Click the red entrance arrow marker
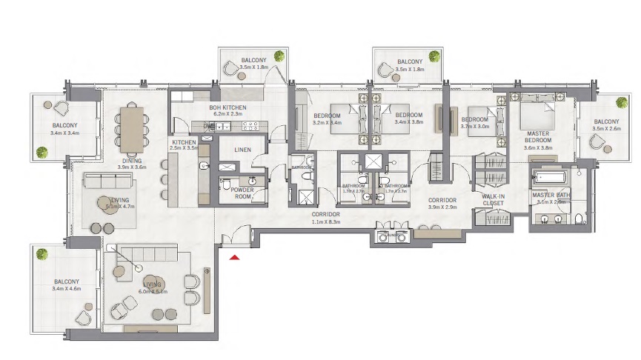pyautogui.click(x=235, y=257)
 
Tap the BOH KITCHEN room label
pyautogui.click(x=228, y=107)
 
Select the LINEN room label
pyautogui.click(x=243, y=150)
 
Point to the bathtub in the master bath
pyautogui.click(x=549, y=179)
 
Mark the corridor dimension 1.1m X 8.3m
pyautogui.click(x=325, y=221)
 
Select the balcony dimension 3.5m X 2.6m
pyautogui.click(x=605, y=129)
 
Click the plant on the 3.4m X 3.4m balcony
pyautogui.click(x=42, y=153)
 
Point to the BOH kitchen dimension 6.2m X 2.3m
pyautogui.click(x=228, y=114)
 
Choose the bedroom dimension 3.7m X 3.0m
pyautogui.click(x=474, y=127)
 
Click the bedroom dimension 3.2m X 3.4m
pyautogui.click(x=326, y=123)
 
